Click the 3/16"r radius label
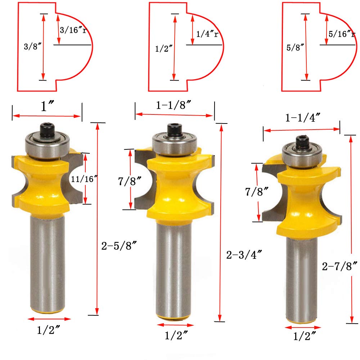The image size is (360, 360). (73, 30)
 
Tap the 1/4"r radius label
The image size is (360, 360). (207, 34)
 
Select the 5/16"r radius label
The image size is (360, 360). (342, 34)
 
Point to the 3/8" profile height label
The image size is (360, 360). (33, 46)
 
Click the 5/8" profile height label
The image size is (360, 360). (295, 48)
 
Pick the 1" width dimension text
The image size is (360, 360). (47, 106)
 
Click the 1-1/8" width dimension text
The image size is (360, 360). (174, 105)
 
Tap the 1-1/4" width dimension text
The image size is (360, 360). (303, 118)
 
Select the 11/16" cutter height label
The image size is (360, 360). (84, 179)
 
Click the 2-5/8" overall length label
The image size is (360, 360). (119, 246)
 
